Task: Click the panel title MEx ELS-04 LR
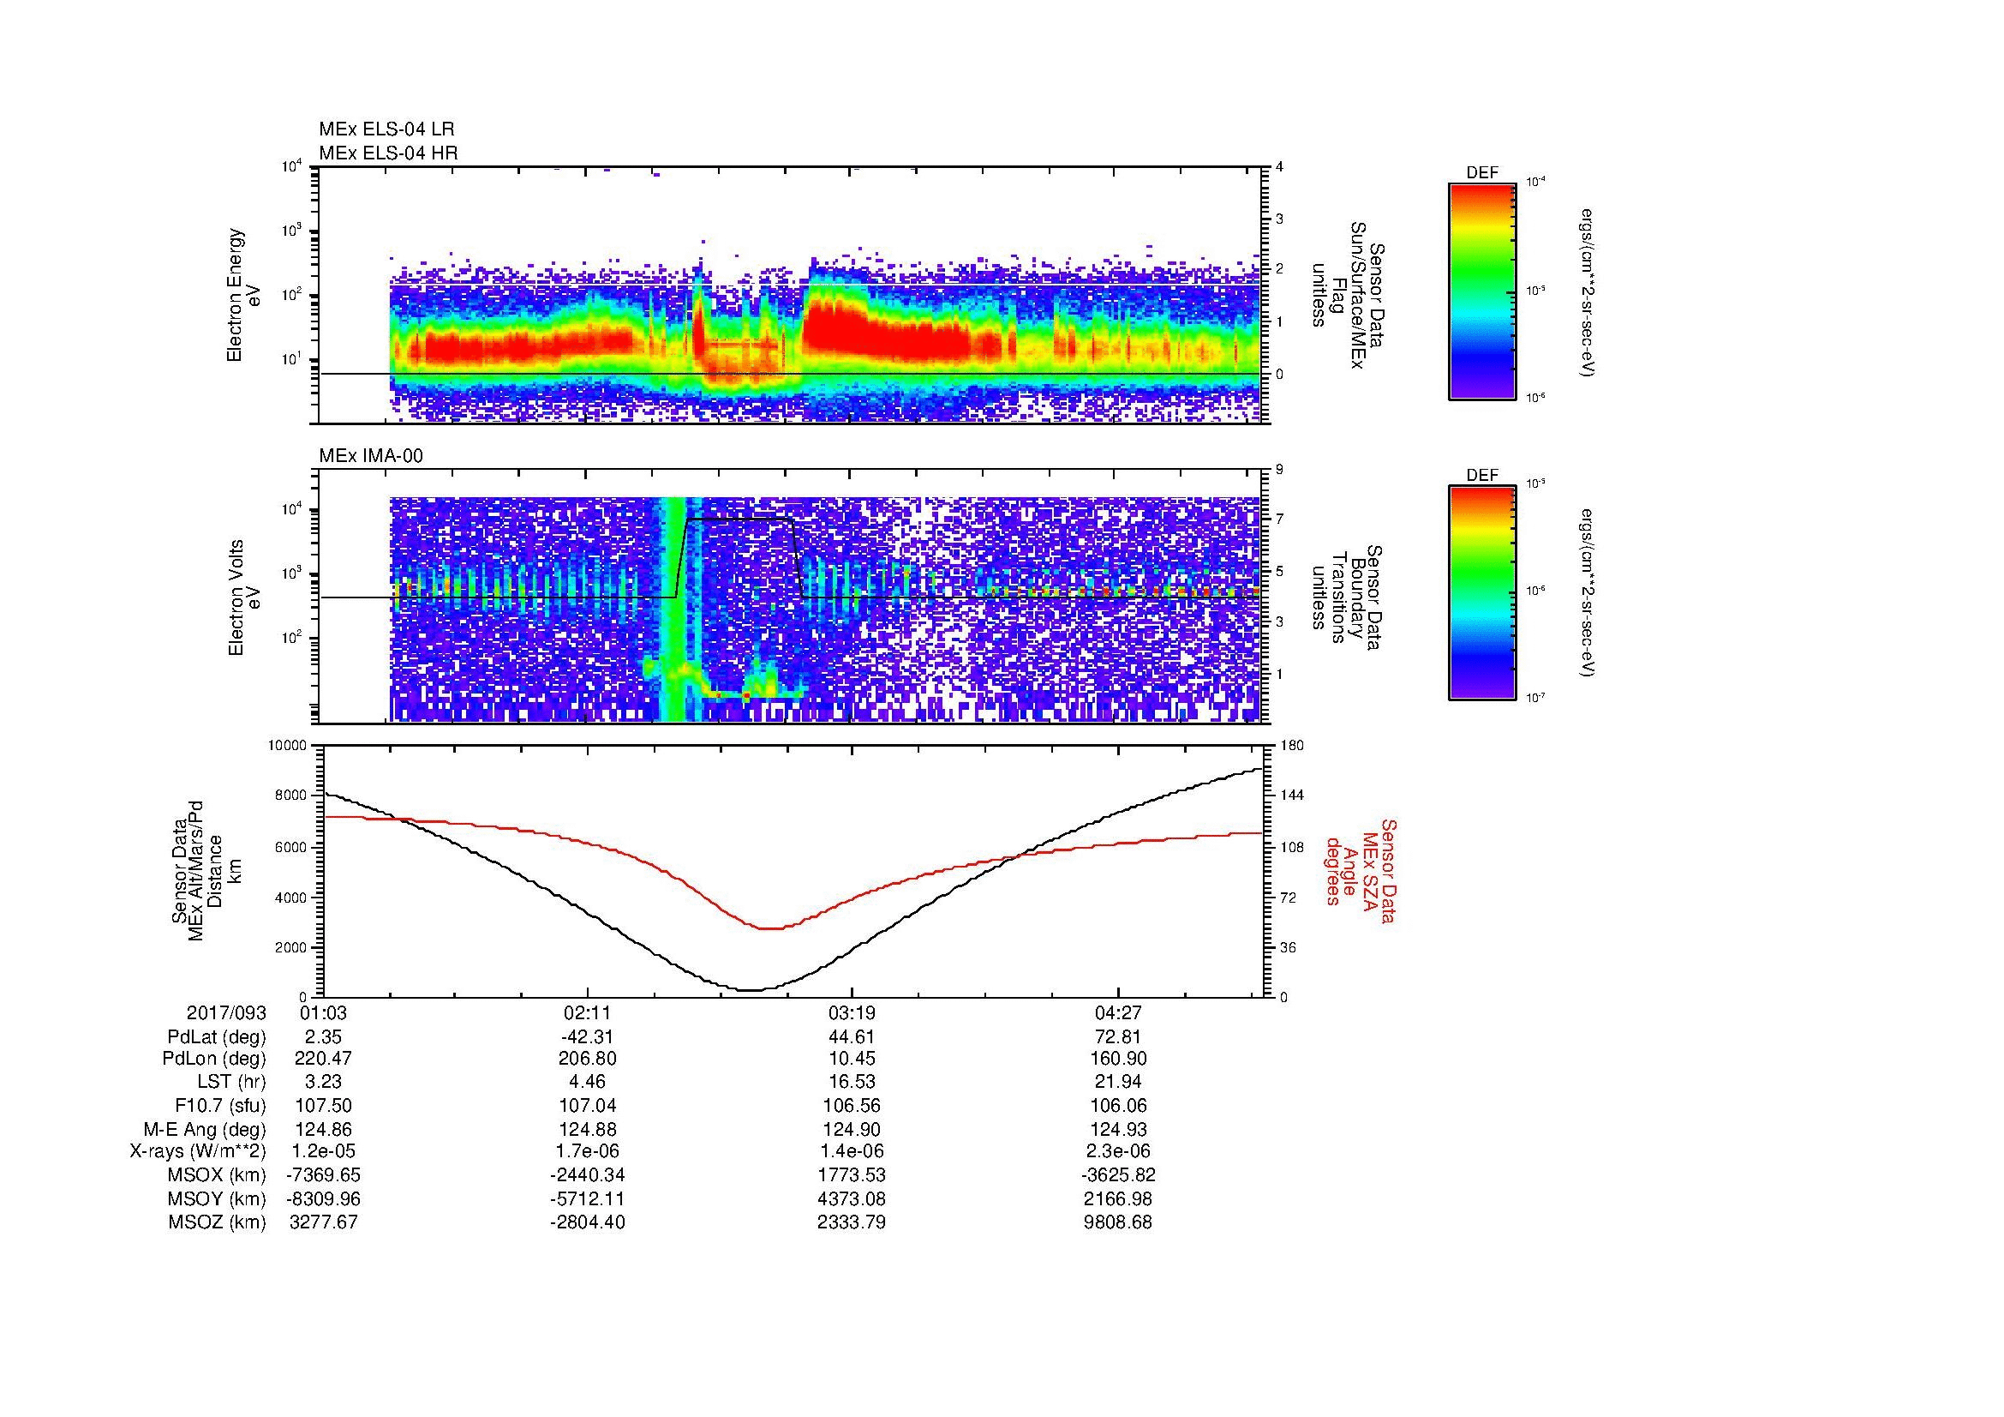click(x=386, y=129)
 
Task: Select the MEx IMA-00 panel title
click(x=371, y=456)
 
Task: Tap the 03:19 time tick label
click(x=851, y=1014)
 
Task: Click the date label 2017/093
click(x=226, y=1014)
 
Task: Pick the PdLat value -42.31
click(x=588, y=1037)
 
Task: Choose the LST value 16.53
click(x=851, y=1082)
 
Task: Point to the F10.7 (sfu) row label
click(x=220, y=1105)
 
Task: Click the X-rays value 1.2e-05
click(x=322, y=1151)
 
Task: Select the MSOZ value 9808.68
click(x=1117, y=1222)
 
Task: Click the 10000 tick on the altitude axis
click(x=287, y=746)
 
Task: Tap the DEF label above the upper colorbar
click(x=1482, y=173)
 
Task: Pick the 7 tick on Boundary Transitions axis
click(x=1279, y=519)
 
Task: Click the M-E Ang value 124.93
click(x=1118, y=1129)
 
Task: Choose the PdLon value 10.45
click(x=851, y=1059)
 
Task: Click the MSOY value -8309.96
click(x=322, y=1198)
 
